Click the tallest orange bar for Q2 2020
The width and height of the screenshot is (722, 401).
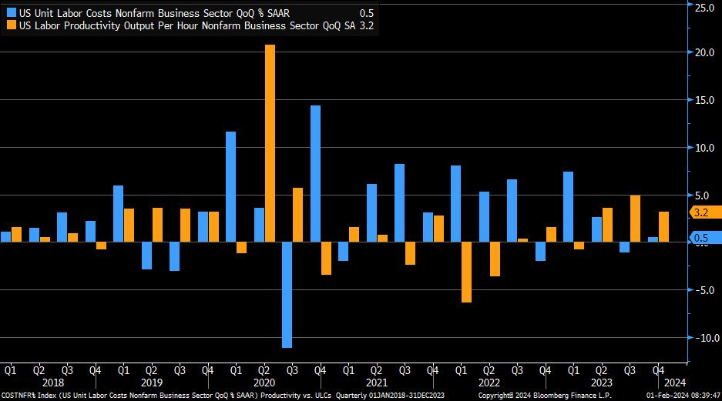tap(270, 143)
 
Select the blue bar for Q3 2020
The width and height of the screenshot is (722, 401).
tap(287, 295)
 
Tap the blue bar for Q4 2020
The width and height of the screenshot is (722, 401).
tap(315, 173)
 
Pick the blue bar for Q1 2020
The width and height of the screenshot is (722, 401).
tap(230, 186)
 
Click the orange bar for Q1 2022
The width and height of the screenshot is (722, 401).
tap(467, 272)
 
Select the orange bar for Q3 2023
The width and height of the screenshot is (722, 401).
tap(635, 219)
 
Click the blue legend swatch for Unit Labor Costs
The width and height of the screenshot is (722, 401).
tap(11, 13)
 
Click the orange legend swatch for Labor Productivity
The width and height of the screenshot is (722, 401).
tap(11, 25)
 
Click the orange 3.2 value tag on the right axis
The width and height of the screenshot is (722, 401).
tap(702, 212)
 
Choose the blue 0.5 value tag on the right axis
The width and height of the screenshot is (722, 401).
tap(702, 239)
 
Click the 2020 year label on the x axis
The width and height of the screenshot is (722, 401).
tap(264, 383)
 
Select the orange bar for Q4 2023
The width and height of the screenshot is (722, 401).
tap(663, 226)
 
